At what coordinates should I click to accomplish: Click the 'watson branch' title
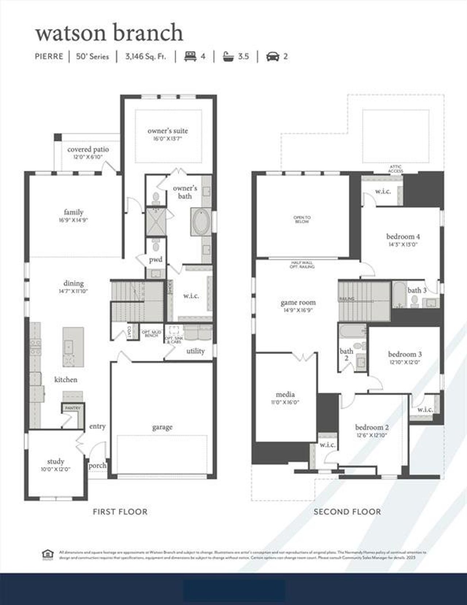click(109, 32)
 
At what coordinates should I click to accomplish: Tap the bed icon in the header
click(189, 56)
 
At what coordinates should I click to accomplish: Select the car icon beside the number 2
click(273, 56)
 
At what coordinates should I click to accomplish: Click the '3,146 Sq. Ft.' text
click(145, 56)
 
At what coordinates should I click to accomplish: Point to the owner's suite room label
click(168, 131)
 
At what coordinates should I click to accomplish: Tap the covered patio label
click(88, 150)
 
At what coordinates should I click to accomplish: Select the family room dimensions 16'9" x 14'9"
click(74, 220)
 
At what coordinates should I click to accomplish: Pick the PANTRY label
click(73, 408)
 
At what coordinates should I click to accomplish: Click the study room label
click(55, 461)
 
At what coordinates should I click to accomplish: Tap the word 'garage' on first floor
click(162, 427)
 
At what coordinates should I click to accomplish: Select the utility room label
click(195, 351)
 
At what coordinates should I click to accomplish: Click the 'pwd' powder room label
click(156, 259)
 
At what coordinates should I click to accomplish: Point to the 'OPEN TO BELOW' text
click(302, 219)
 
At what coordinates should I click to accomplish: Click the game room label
click(298, 302)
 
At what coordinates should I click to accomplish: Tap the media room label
click(285, 394)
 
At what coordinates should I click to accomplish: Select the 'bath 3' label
click(417, 290)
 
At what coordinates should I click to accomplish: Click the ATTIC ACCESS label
click(395, 169)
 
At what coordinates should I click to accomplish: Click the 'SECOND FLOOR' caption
click(347, 512)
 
